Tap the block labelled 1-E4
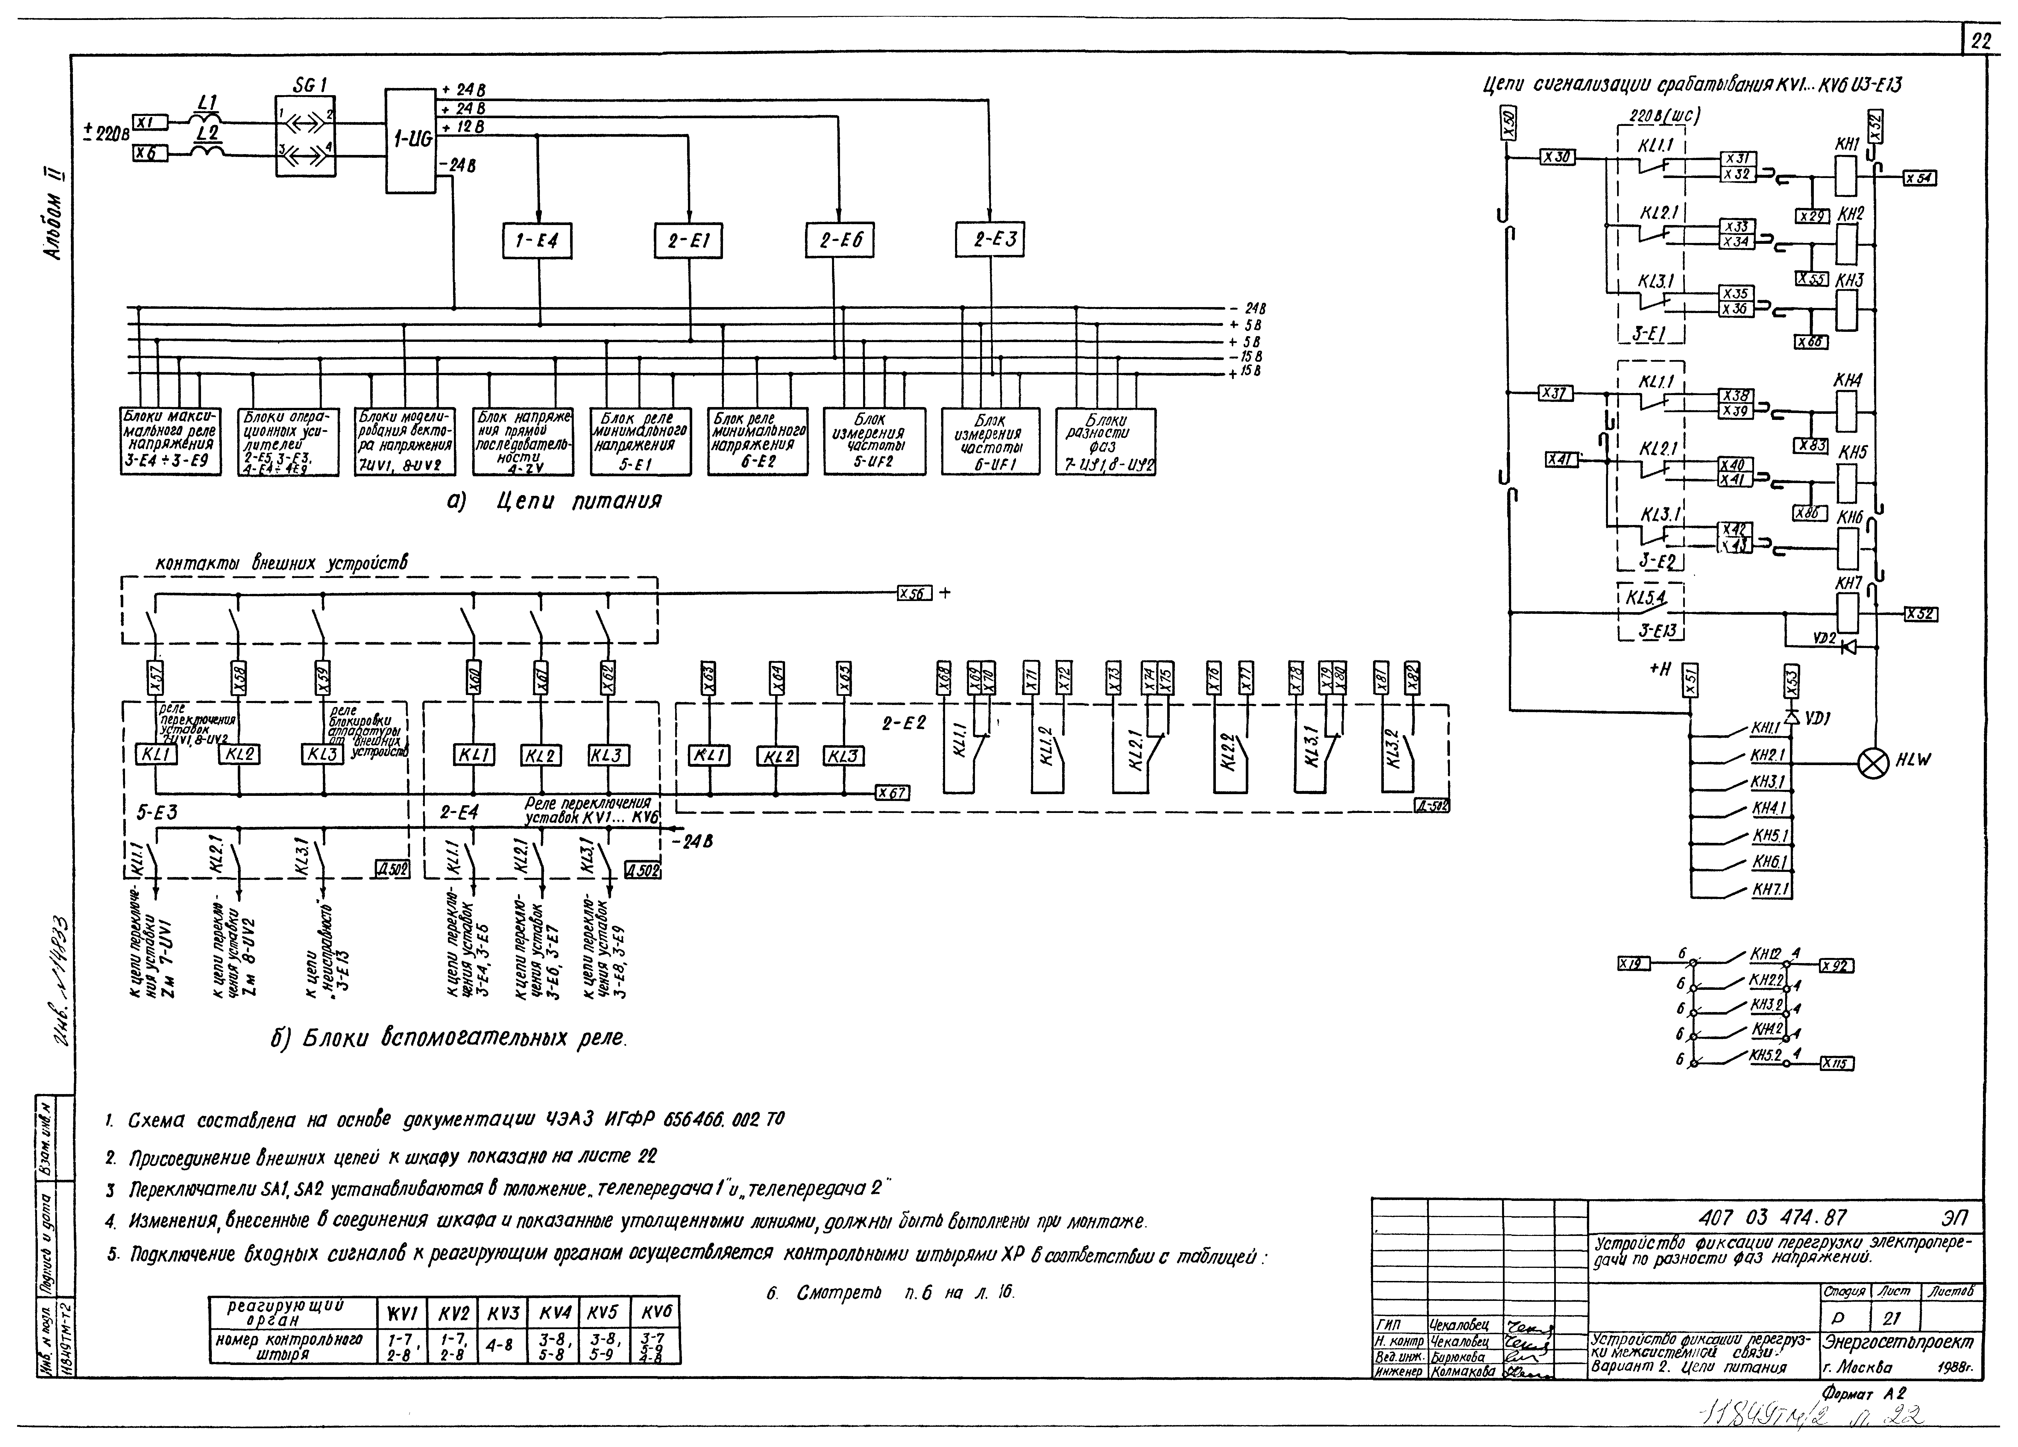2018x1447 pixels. coord(536,240)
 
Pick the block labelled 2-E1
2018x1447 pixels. coord(688,240)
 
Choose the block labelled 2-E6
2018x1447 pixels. coord(840,240)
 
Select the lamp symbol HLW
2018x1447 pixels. coord(1875,764)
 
